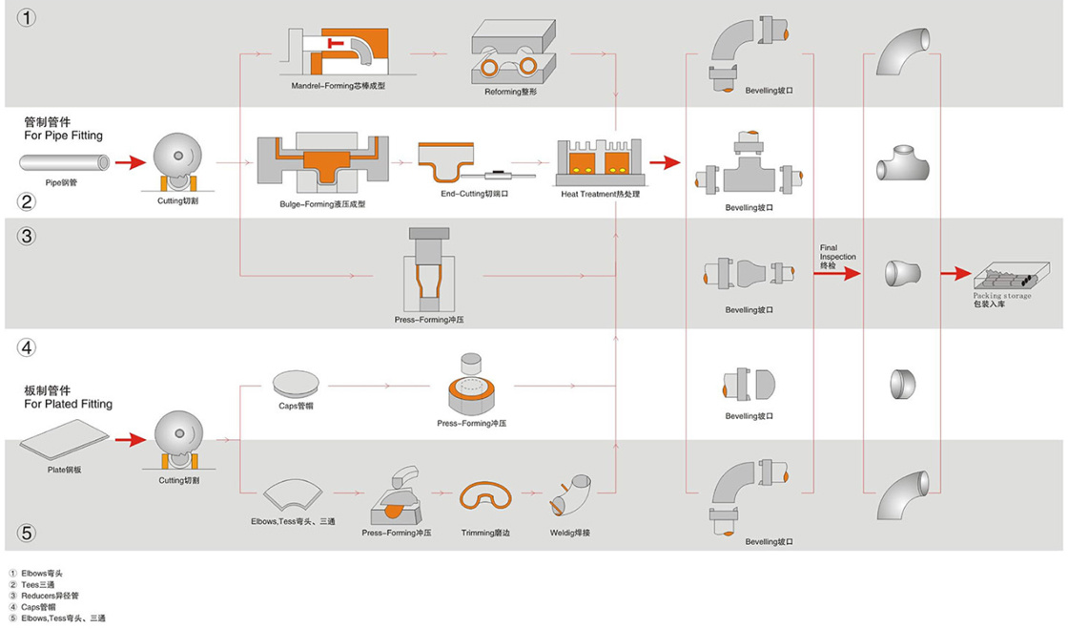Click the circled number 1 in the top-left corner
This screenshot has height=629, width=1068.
27,17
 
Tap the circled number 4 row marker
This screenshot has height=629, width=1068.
27,347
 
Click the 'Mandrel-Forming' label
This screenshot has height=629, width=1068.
338,86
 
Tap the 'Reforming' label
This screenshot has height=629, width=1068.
512,92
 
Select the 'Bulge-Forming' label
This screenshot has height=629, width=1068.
322,204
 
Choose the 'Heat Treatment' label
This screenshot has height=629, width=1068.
600,194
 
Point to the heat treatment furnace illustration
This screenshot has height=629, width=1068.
599,161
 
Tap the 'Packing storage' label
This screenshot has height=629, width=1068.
1002,296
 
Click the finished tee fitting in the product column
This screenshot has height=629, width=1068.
903,165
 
